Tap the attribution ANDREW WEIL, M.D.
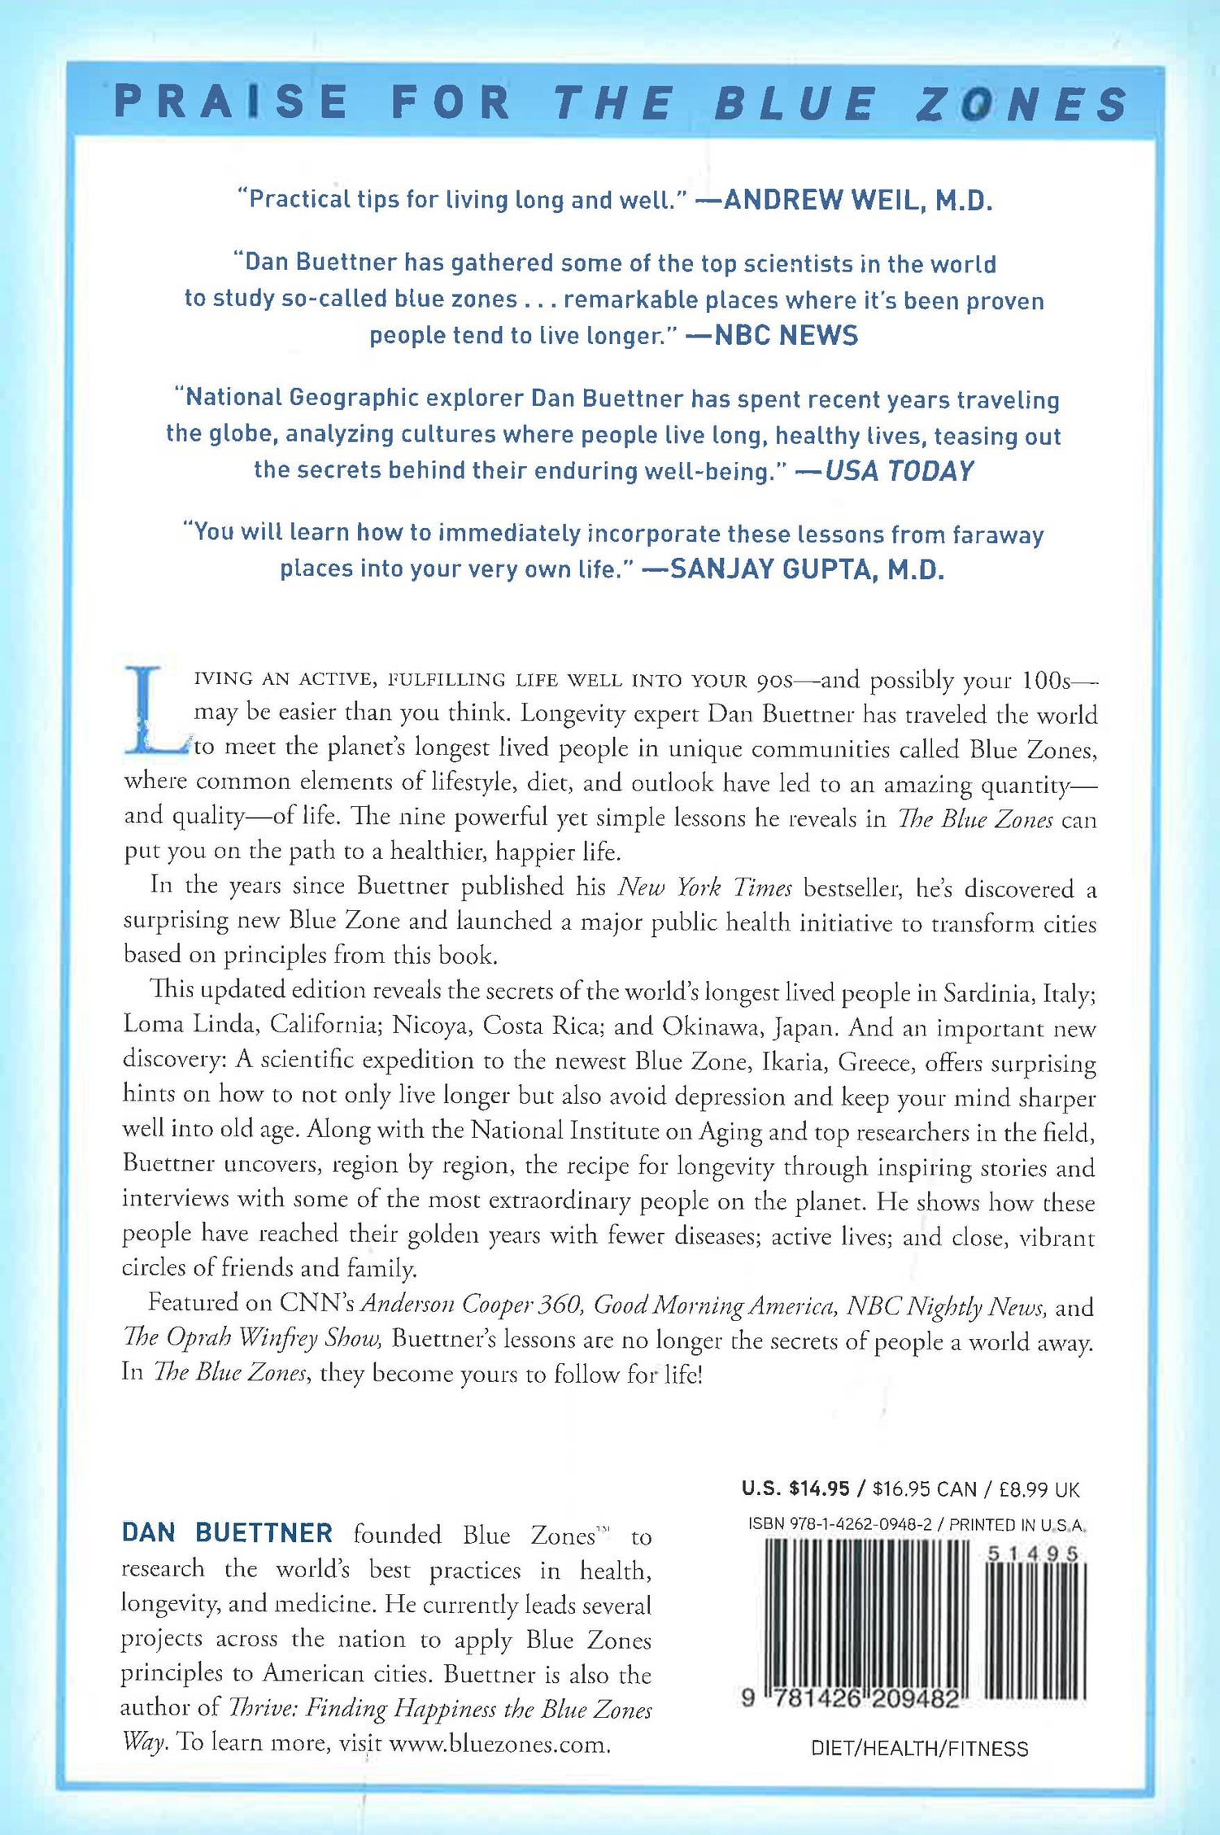pos(857,200)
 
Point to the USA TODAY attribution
pos(899,471)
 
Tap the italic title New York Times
pos(704,887)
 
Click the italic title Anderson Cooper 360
pos(472,1305)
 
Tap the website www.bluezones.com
pos(499,1743)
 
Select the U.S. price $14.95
pos(819,1489)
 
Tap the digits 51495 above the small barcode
pos(1033,1554)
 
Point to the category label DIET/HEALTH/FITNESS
pos(919,1748)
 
